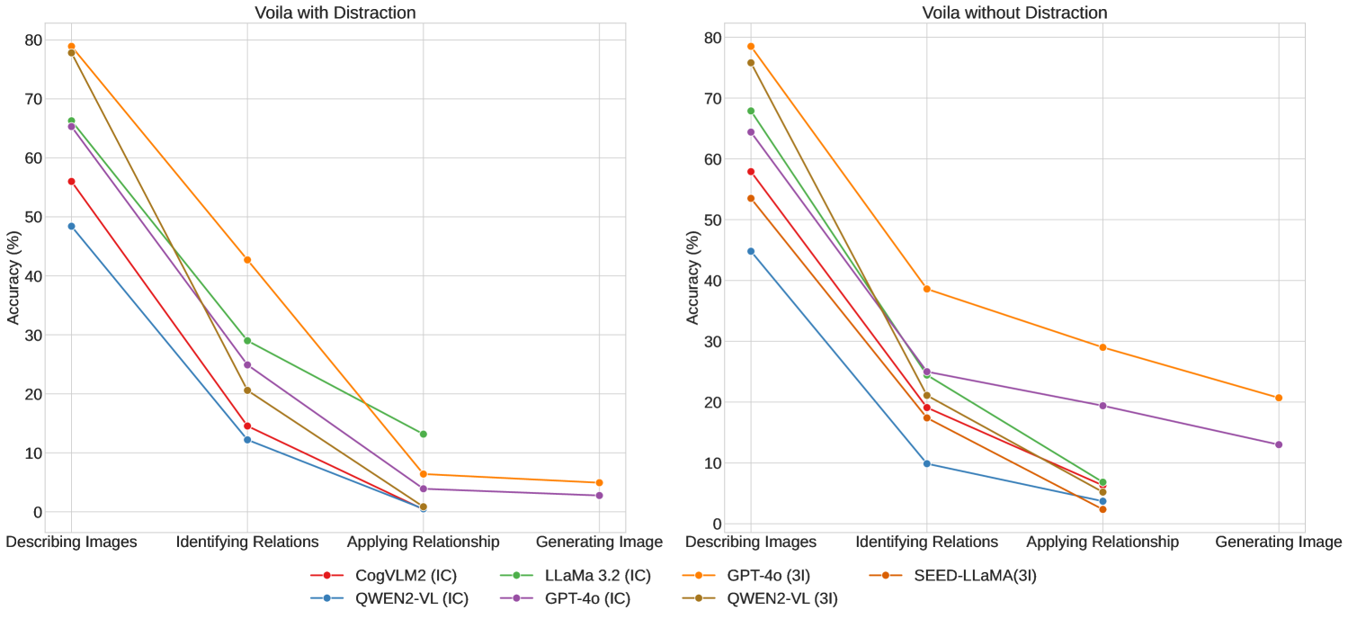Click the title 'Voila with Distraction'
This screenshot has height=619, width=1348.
pos(335,13)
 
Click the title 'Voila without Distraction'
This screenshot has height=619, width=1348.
pos(1014,13)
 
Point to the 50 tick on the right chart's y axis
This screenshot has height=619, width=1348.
pos(713,220)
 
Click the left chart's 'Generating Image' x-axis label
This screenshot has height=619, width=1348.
pos(599,543)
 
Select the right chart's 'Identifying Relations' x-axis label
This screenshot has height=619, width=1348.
pos(926,543)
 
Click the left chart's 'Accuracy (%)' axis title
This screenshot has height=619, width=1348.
pos(13,275)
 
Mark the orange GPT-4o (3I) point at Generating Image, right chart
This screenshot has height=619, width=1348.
pos(1278,398)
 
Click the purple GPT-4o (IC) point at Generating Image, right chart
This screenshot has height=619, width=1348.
pos(1278,444)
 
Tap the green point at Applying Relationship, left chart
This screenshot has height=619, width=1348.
pos(424,434)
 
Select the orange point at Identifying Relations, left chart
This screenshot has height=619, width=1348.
pos(247,260)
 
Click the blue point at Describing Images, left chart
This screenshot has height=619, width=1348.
pos(71,226)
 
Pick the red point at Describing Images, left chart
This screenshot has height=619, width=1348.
pos(71,181)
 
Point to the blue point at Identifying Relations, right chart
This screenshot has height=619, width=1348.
pos(926,463)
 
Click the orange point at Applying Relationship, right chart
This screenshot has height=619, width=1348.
pos(1103,347)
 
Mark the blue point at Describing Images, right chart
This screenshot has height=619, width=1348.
pos(751,251)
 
